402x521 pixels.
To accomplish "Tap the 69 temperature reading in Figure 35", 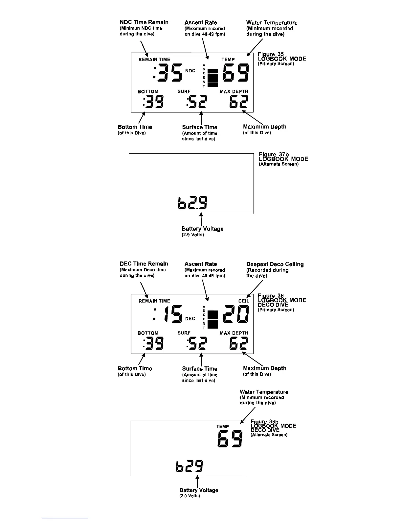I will point(236,73).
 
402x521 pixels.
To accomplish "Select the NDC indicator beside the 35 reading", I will point(190,71).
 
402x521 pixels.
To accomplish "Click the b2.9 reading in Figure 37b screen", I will point(192,203).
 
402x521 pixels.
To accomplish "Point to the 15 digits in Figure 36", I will point(173,314).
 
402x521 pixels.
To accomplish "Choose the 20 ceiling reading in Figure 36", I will point(236,314).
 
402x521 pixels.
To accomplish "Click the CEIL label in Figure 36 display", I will point(244,301).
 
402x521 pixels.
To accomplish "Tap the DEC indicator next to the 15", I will point(190,318).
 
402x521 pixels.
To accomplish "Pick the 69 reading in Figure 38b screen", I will point(230,439).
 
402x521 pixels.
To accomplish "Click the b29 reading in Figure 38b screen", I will point(190,466).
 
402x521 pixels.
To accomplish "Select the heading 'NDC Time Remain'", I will point(144,22).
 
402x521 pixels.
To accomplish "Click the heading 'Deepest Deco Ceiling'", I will point(275,264).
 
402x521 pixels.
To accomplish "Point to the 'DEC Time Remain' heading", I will point(144,264).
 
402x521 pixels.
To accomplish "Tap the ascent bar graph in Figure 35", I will point(213,78).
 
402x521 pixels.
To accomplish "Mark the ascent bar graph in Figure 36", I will point(213,319).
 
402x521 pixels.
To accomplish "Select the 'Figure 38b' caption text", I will point(264,422).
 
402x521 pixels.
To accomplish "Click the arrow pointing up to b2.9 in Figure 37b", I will point(201,219).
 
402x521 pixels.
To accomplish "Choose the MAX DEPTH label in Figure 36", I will point(234,333).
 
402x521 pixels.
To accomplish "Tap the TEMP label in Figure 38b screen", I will point(223,427).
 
